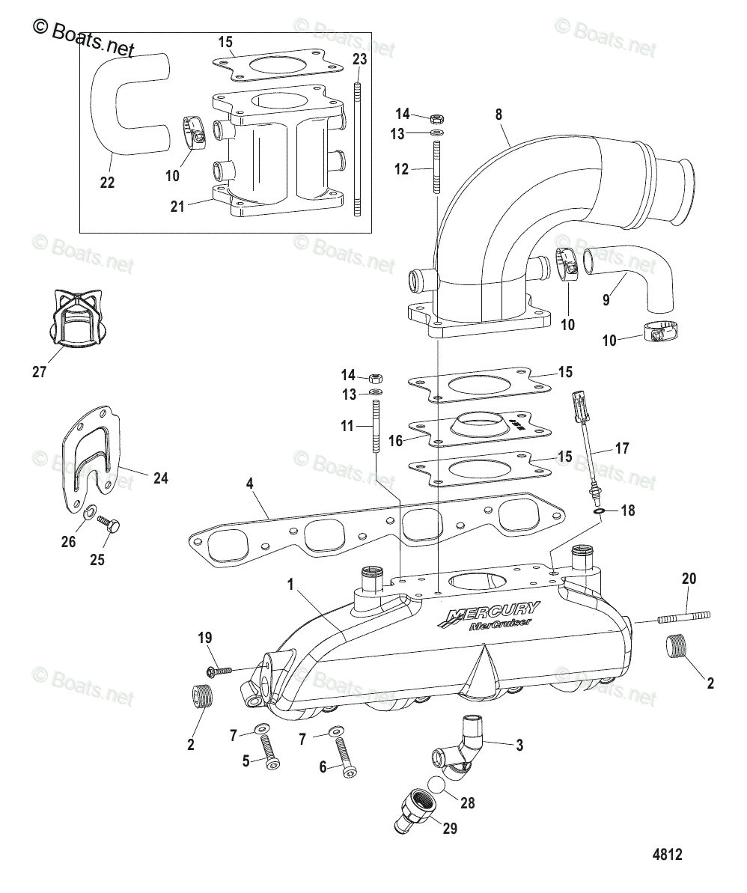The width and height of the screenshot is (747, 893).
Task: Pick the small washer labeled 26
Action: coord(89,513)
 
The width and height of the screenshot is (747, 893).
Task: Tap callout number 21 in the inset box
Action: coord(177,207)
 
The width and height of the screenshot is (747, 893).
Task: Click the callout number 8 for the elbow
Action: coord(498,115)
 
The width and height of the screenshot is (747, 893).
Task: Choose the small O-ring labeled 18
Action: coord(599,511)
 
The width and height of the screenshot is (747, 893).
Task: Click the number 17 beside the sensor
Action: coord(621,448)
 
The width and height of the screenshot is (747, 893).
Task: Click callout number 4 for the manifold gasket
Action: coord(250,484)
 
